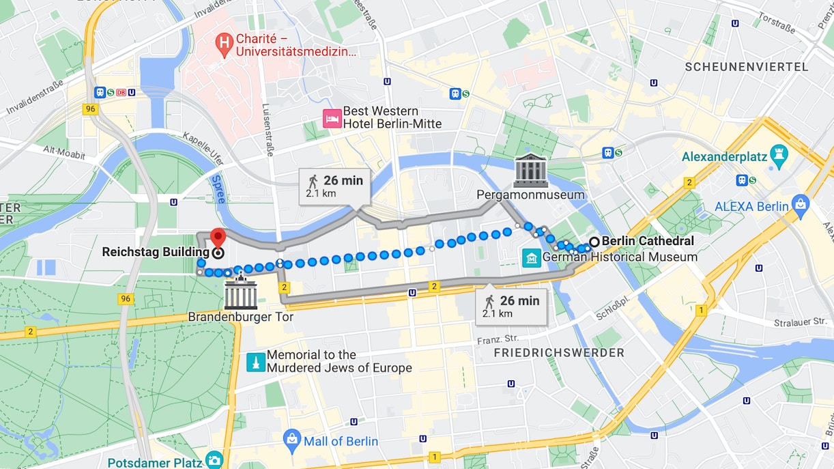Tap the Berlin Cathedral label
[x=647, y=241]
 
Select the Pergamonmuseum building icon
[x=531, y=171]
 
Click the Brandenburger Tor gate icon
[x=240, y=294]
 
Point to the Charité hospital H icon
[x=223, y=44]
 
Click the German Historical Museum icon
[x=531, y=257]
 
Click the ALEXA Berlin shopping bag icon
[x=801, y=203]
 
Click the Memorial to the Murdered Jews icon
[x=255, y=362]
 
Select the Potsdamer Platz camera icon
[x=214, y=460]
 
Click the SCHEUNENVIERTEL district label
[x=746, y=67]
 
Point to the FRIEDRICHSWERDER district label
[x=558, y=352]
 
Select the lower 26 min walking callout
[x=511, y=307]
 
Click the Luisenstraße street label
[x=268, y=130]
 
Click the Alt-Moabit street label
[x=64, y=152]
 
